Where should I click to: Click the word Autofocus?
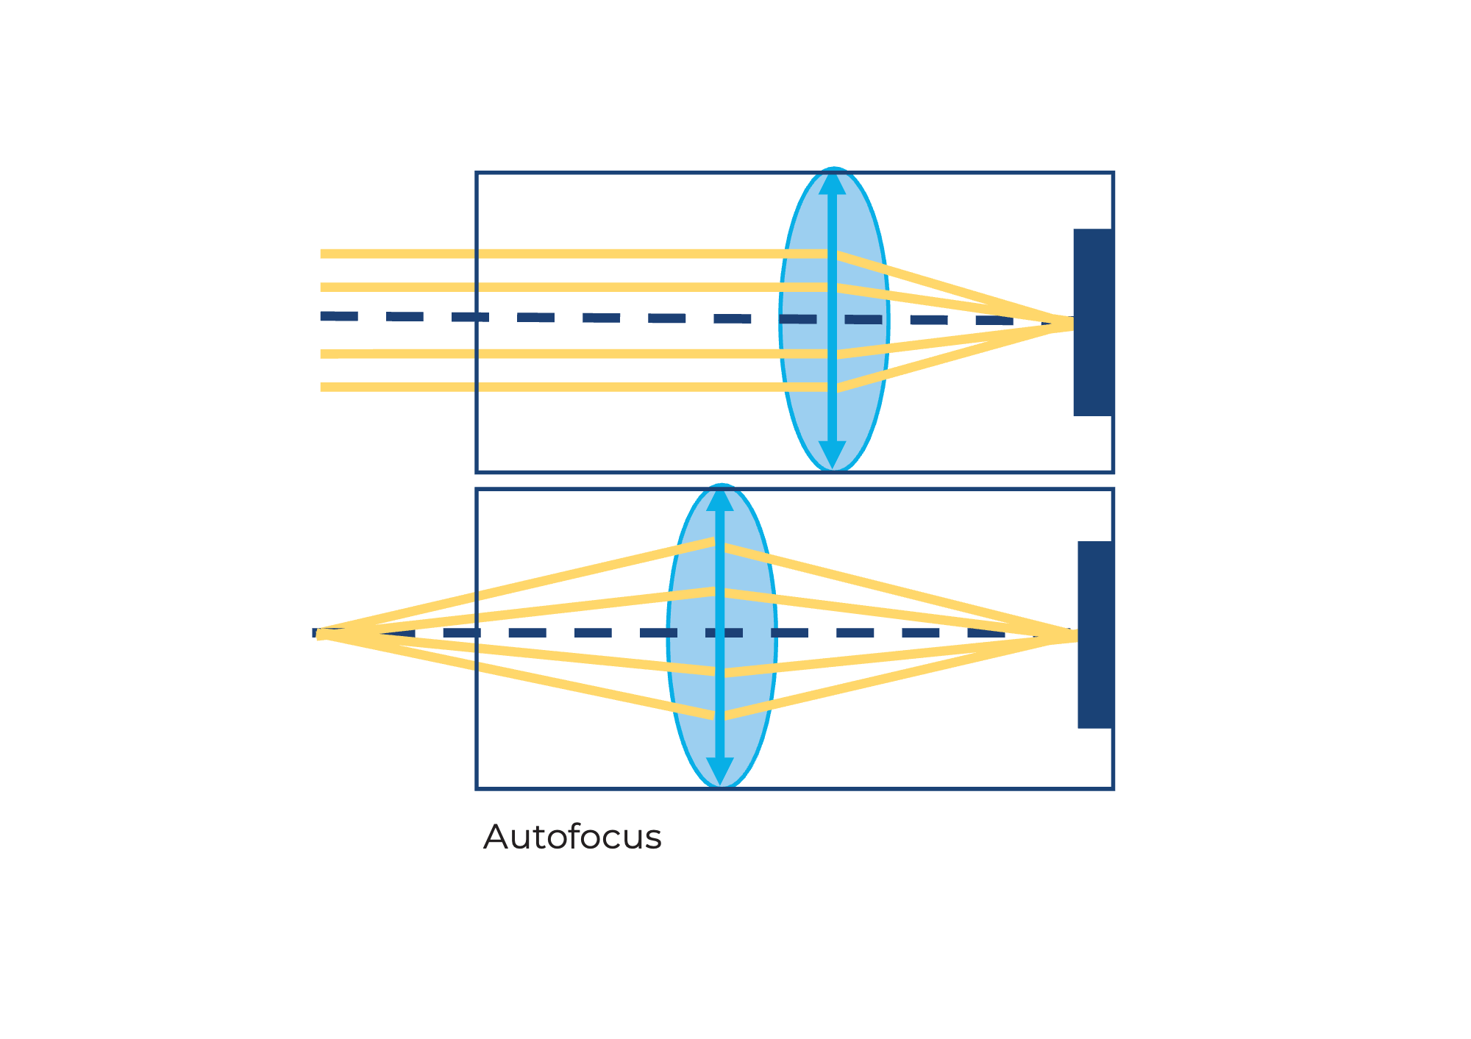(572, 838)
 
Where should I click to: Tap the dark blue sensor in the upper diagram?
(1093, 322)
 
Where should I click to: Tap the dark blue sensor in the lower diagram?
(1095, 635)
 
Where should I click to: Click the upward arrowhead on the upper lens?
(833, 182)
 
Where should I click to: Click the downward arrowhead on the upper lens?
(833, 454)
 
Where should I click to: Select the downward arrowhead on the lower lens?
(720, 771)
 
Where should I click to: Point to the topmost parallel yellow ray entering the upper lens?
(577, 254)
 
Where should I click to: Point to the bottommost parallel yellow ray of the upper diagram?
(577, 387)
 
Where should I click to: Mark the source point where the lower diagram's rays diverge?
(321, 634)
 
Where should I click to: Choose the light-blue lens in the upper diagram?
(834, 320)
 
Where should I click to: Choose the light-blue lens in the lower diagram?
(722, 636)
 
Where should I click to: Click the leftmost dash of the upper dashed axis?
(339, 316)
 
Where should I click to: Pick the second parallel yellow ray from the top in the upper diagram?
(577, 287)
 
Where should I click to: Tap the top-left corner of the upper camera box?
(477, 173)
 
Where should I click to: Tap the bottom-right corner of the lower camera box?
(1113, 788)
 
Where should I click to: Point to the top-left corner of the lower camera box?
(477, 489)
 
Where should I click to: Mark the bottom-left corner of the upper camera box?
(477, 471)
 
